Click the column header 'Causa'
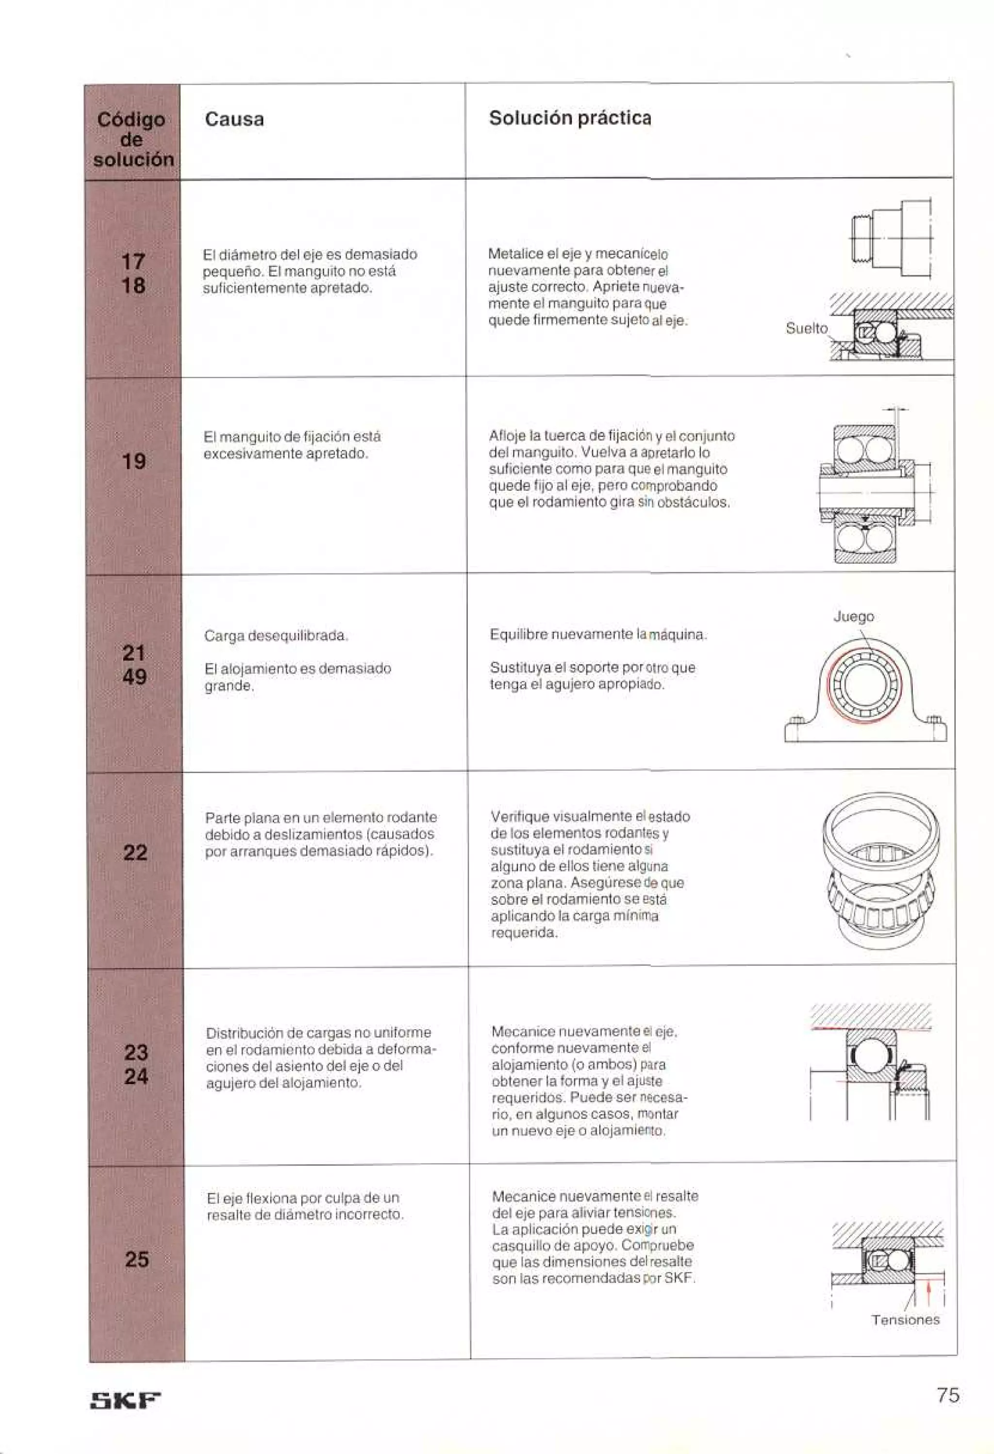point(234,119)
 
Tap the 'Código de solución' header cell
point(132,139)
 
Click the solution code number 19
point(134,462)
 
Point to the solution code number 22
point(135,853)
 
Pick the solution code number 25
point(136,1259)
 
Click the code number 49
point(134,677)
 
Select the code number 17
point(133,262)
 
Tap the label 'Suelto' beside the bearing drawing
point(806,329)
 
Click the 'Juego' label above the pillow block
point(853,617)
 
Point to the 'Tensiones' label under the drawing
point(905,1320)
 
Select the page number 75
point(948,1395)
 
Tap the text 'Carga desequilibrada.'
point(276,636)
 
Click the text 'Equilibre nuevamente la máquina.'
point(598,635)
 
